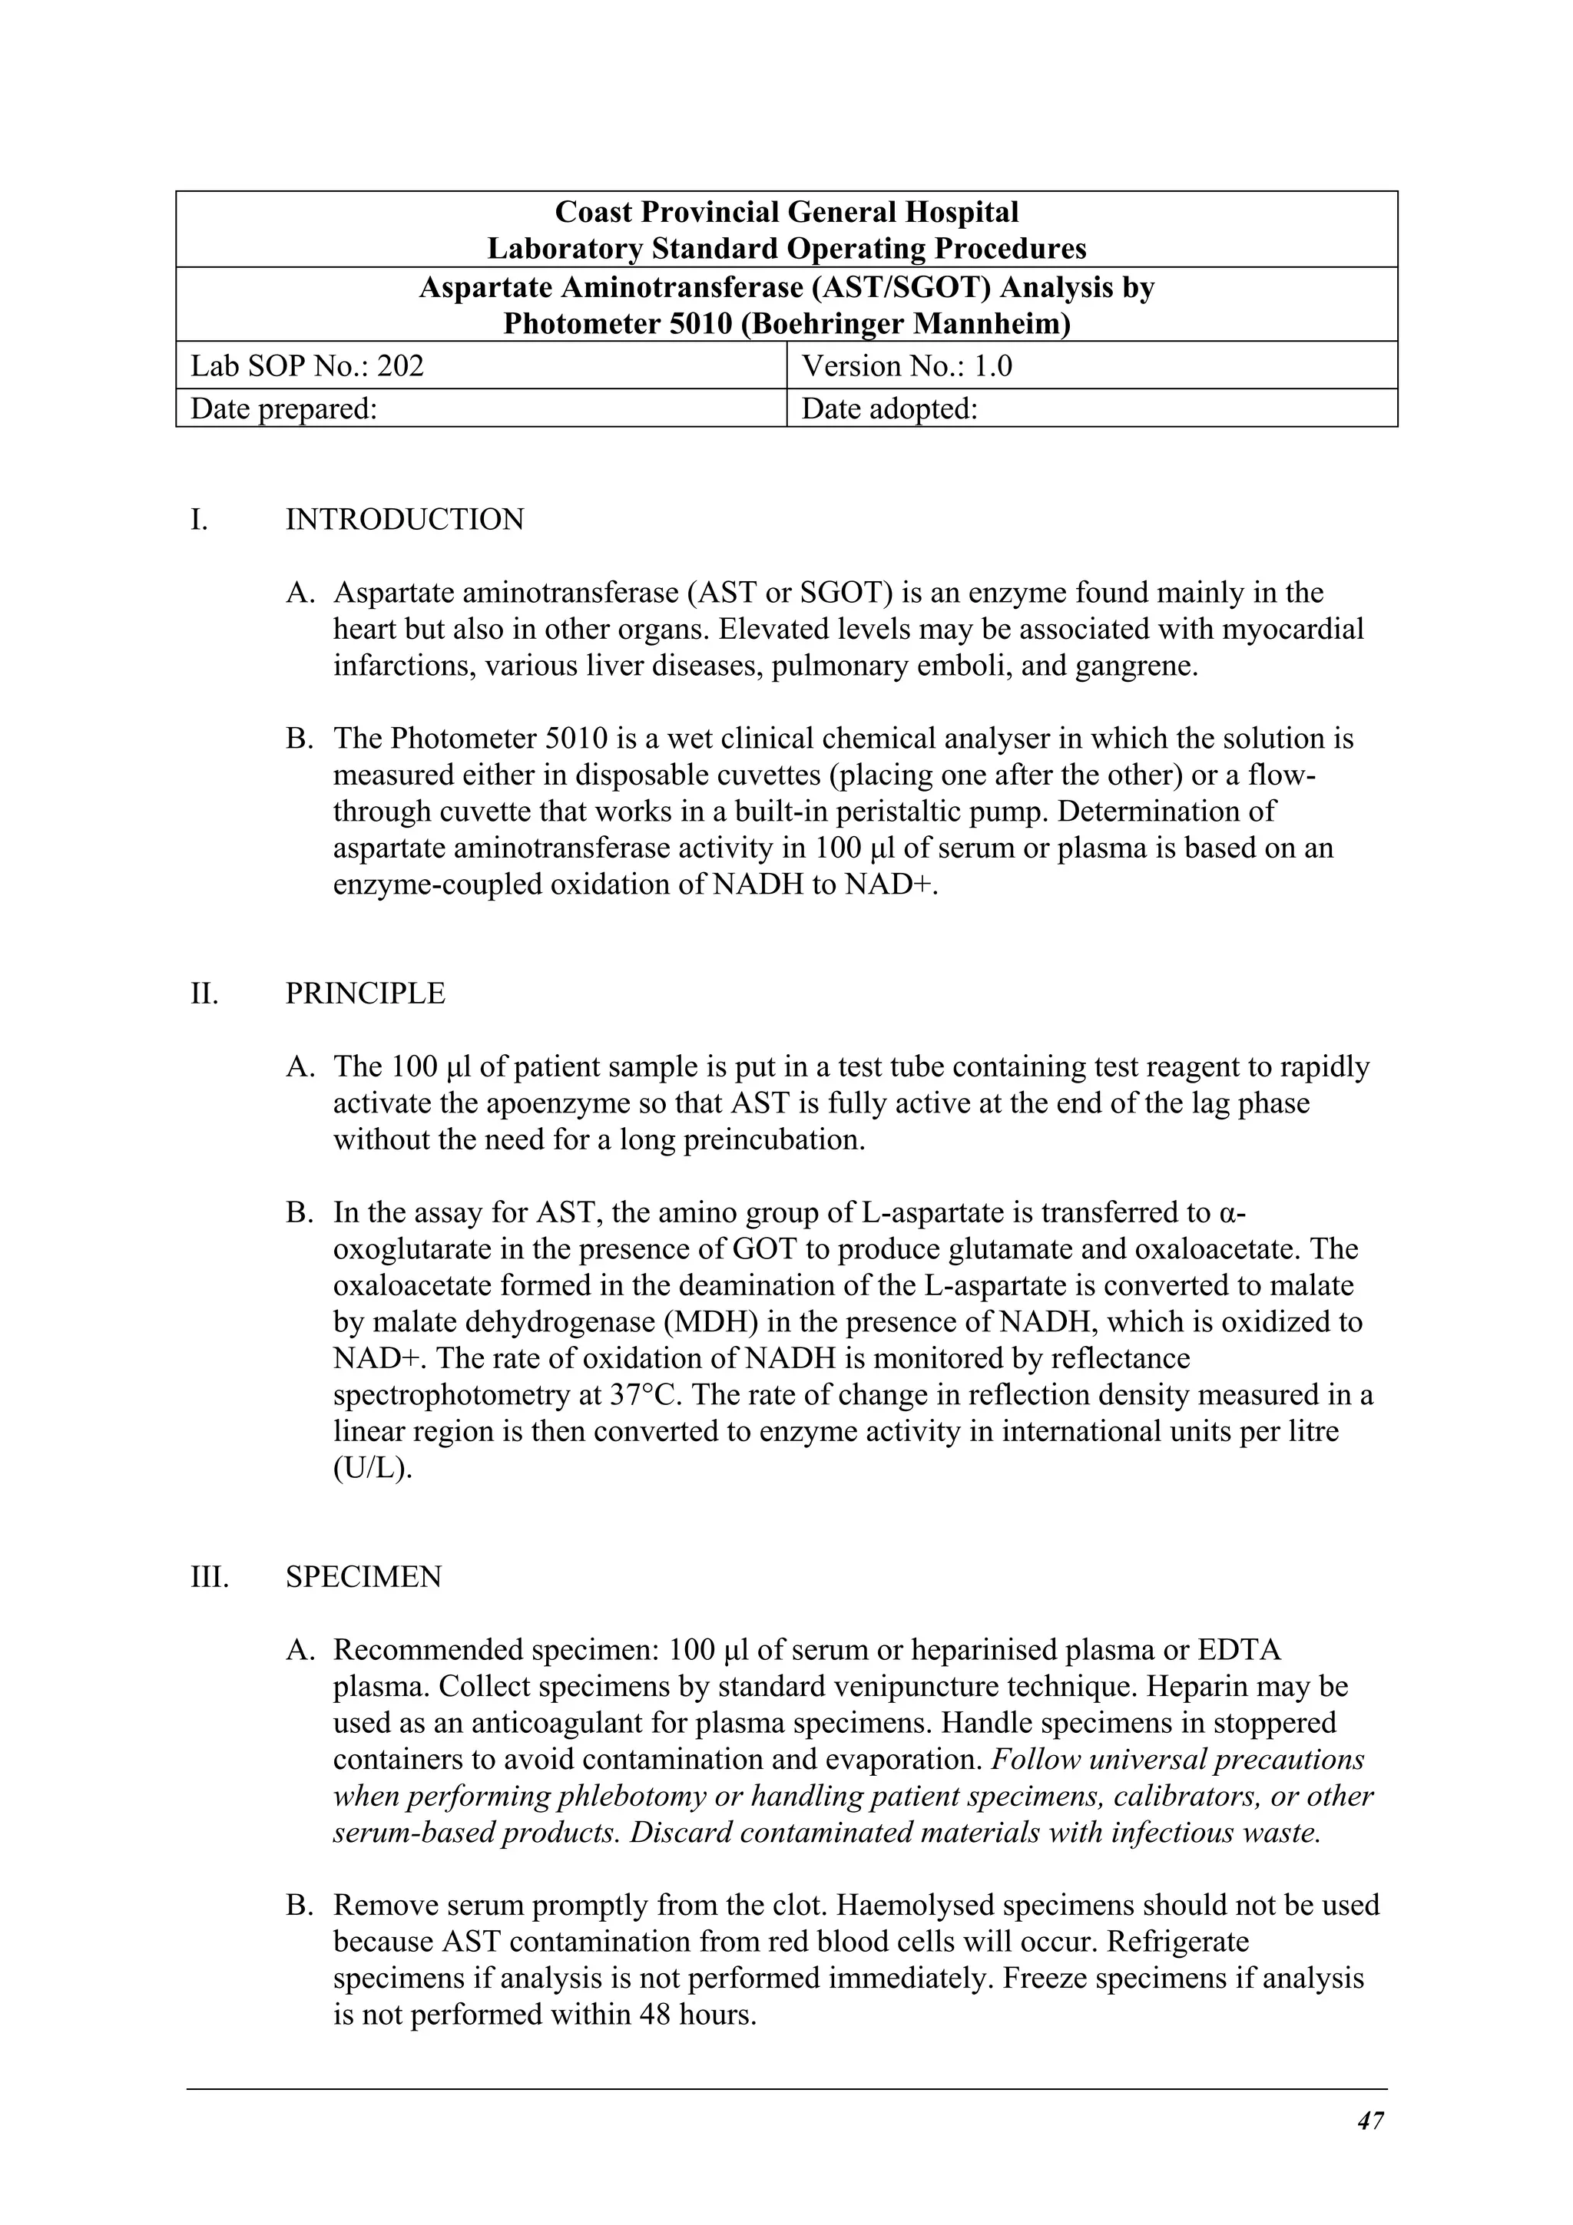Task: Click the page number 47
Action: tap(1370, 2121)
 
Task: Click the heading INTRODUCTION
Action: tap(404, 520)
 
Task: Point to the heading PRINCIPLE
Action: tap(366, 993)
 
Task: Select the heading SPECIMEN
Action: tap(363, 1577)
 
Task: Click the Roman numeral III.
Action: tap(210, 1577)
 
